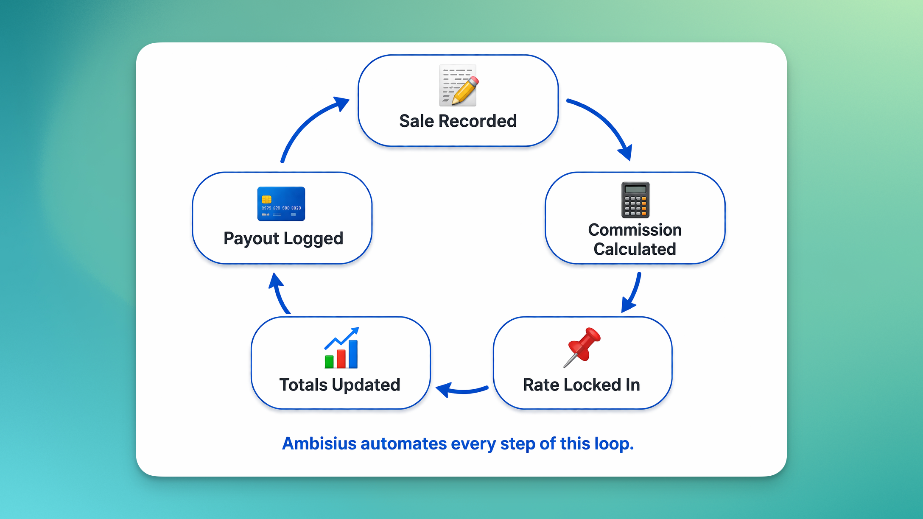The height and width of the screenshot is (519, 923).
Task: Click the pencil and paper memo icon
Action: click(458, 85)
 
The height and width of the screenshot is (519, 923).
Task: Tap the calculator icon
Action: click(635, 200)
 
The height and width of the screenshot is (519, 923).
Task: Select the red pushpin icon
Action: click(582, 347)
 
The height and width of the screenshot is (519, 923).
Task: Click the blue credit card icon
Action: click(281, 204)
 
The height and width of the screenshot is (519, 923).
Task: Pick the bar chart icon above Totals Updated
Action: click(341, 348)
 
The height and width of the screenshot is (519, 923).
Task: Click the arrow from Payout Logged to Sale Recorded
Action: click(310, 123)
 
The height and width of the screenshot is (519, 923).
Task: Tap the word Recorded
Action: click(477, 121)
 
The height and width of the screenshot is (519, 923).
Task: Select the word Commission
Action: click(635, 230)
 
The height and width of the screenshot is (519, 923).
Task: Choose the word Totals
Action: click(303, 385)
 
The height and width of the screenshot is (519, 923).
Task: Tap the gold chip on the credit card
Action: click(267, 199)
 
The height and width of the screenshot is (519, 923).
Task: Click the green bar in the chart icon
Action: click(329, 362)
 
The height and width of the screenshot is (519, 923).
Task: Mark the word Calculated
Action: click(635, 249)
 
